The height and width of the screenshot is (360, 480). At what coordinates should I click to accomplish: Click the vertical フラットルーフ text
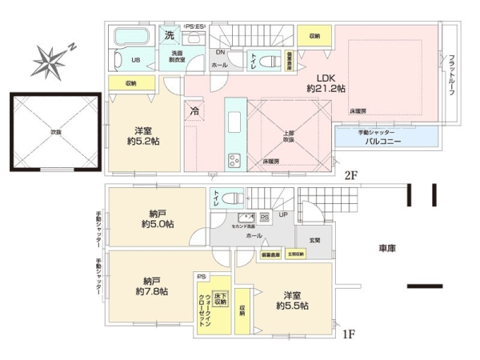[451, 74]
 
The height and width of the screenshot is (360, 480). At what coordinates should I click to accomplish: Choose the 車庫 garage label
[387, 250]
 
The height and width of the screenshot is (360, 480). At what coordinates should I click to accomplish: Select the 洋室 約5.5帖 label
[291, 300]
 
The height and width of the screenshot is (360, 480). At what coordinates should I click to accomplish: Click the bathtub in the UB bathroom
[133, 38]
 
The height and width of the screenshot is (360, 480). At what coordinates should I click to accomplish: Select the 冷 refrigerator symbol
[194, 112]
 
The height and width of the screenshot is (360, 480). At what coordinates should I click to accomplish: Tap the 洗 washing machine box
[169, 35]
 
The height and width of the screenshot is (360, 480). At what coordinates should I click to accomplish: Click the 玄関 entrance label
[314, 240]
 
